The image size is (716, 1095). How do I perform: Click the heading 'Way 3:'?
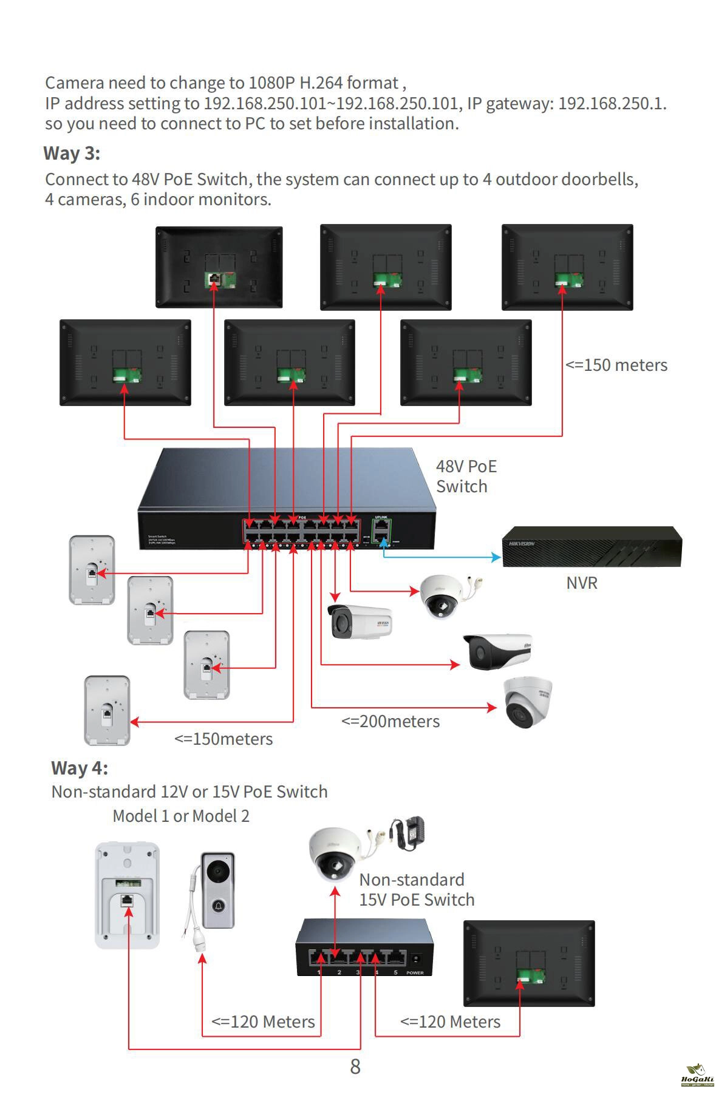click(x=72, y=153)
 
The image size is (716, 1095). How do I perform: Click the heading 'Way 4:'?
click(x=80, y=768)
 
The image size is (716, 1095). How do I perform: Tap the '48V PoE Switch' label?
click(x=466, y=476)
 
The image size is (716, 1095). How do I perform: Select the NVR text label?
click(x=581, y=583)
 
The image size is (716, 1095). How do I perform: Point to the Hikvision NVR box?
click(x=592, y=546)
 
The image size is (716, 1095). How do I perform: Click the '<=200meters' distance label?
click(x=390, y=721)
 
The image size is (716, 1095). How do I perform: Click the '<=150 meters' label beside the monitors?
click(x=616, y=365)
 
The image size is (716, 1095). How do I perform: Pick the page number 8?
click(x=355, y=1066)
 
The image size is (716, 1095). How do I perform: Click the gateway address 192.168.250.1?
click(x=611, y=103)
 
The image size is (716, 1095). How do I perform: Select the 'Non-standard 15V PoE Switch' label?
click(x=416, y=889)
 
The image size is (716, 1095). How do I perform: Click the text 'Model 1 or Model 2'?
click(x=181, y=816)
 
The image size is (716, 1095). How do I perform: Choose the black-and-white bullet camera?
click(x=497, y=651)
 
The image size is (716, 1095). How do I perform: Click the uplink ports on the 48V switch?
click(x=381, y=530)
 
